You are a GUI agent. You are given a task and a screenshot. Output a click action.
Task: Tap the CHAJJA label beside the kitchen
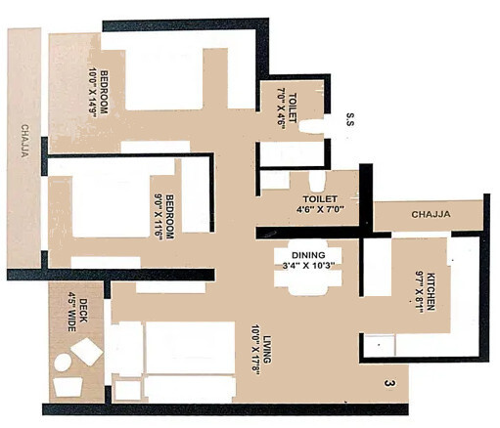[431, 214]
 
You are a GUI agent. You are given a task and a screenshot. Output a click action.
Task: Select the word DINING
[301, 255]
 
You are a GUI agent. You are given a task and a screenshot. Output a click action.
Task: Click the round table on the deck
[63, 362]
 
